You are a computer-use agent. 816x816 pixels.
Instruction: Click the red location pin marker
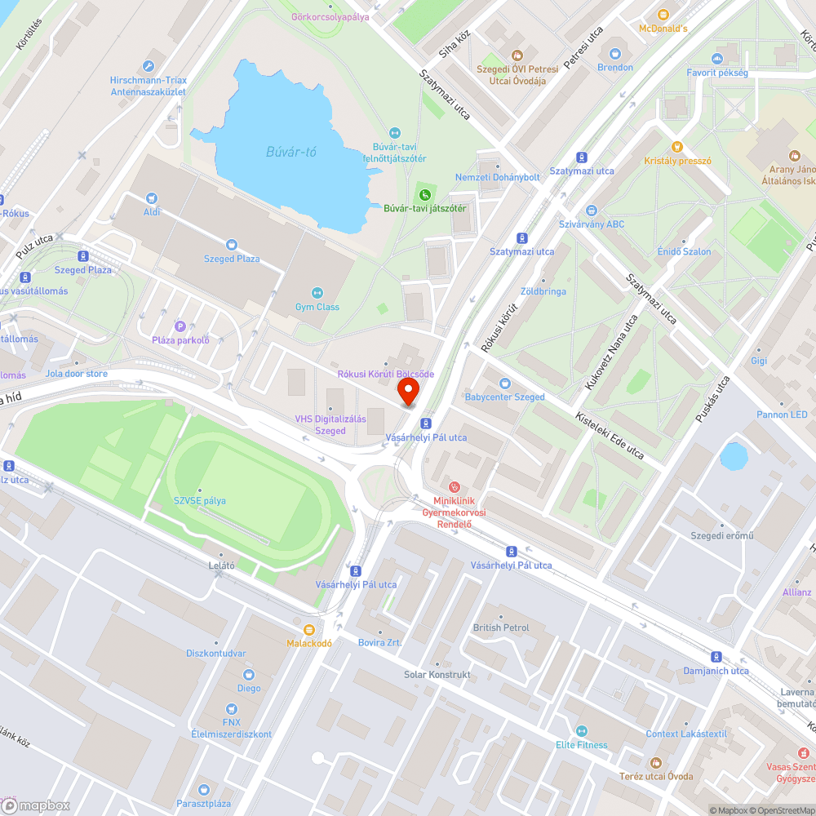point(408,392)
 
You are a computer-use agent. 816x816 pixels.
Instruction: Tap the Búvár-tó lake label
point(290,151)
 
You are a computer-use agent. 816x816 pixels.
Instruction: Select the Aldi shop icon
point(151,198)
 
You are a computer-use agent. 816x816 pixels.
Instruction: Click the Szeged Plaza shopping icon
point(232,244)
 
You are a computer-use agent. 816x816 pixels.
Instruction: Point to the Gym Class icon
point(317,293)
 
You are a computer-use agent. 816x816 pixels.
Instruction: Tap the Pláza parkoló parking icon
point(180,326)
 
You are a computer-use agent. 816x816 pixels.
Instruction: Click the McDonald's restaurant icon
point(663,15)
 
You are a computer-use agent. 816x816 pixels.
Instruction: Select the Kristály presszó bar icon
point(676,147)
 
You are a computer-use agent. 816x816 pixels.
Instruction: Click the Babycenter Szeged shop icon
point(504,383)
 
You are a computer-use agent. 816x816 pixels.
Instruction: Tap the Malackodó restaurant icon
point(308,629)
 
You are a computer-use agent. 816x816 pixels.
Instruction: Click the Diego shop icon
point(249,674)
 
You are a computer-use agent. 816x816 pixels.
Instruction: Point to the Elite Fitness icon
point(581,731)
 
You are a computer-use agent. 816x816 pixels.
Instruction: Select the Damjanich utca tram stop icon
point(716,657)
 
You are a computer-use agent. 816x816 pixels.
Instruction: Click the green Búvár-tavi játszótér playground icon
point(424,194)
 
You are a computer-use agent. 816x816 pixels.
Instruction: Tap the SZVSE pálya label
point(199,500)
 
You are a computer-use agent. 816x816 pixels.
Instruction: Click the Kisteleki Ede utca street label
point(610,435)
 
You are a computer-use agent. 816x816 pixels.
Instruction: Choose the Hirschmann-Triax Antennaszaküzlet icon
point(149,66)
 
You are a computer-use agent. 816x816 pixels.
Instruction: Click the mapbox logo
point(37,805)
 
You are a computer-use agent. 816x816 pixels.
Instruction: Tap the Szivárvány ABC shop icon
point(592,211)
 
